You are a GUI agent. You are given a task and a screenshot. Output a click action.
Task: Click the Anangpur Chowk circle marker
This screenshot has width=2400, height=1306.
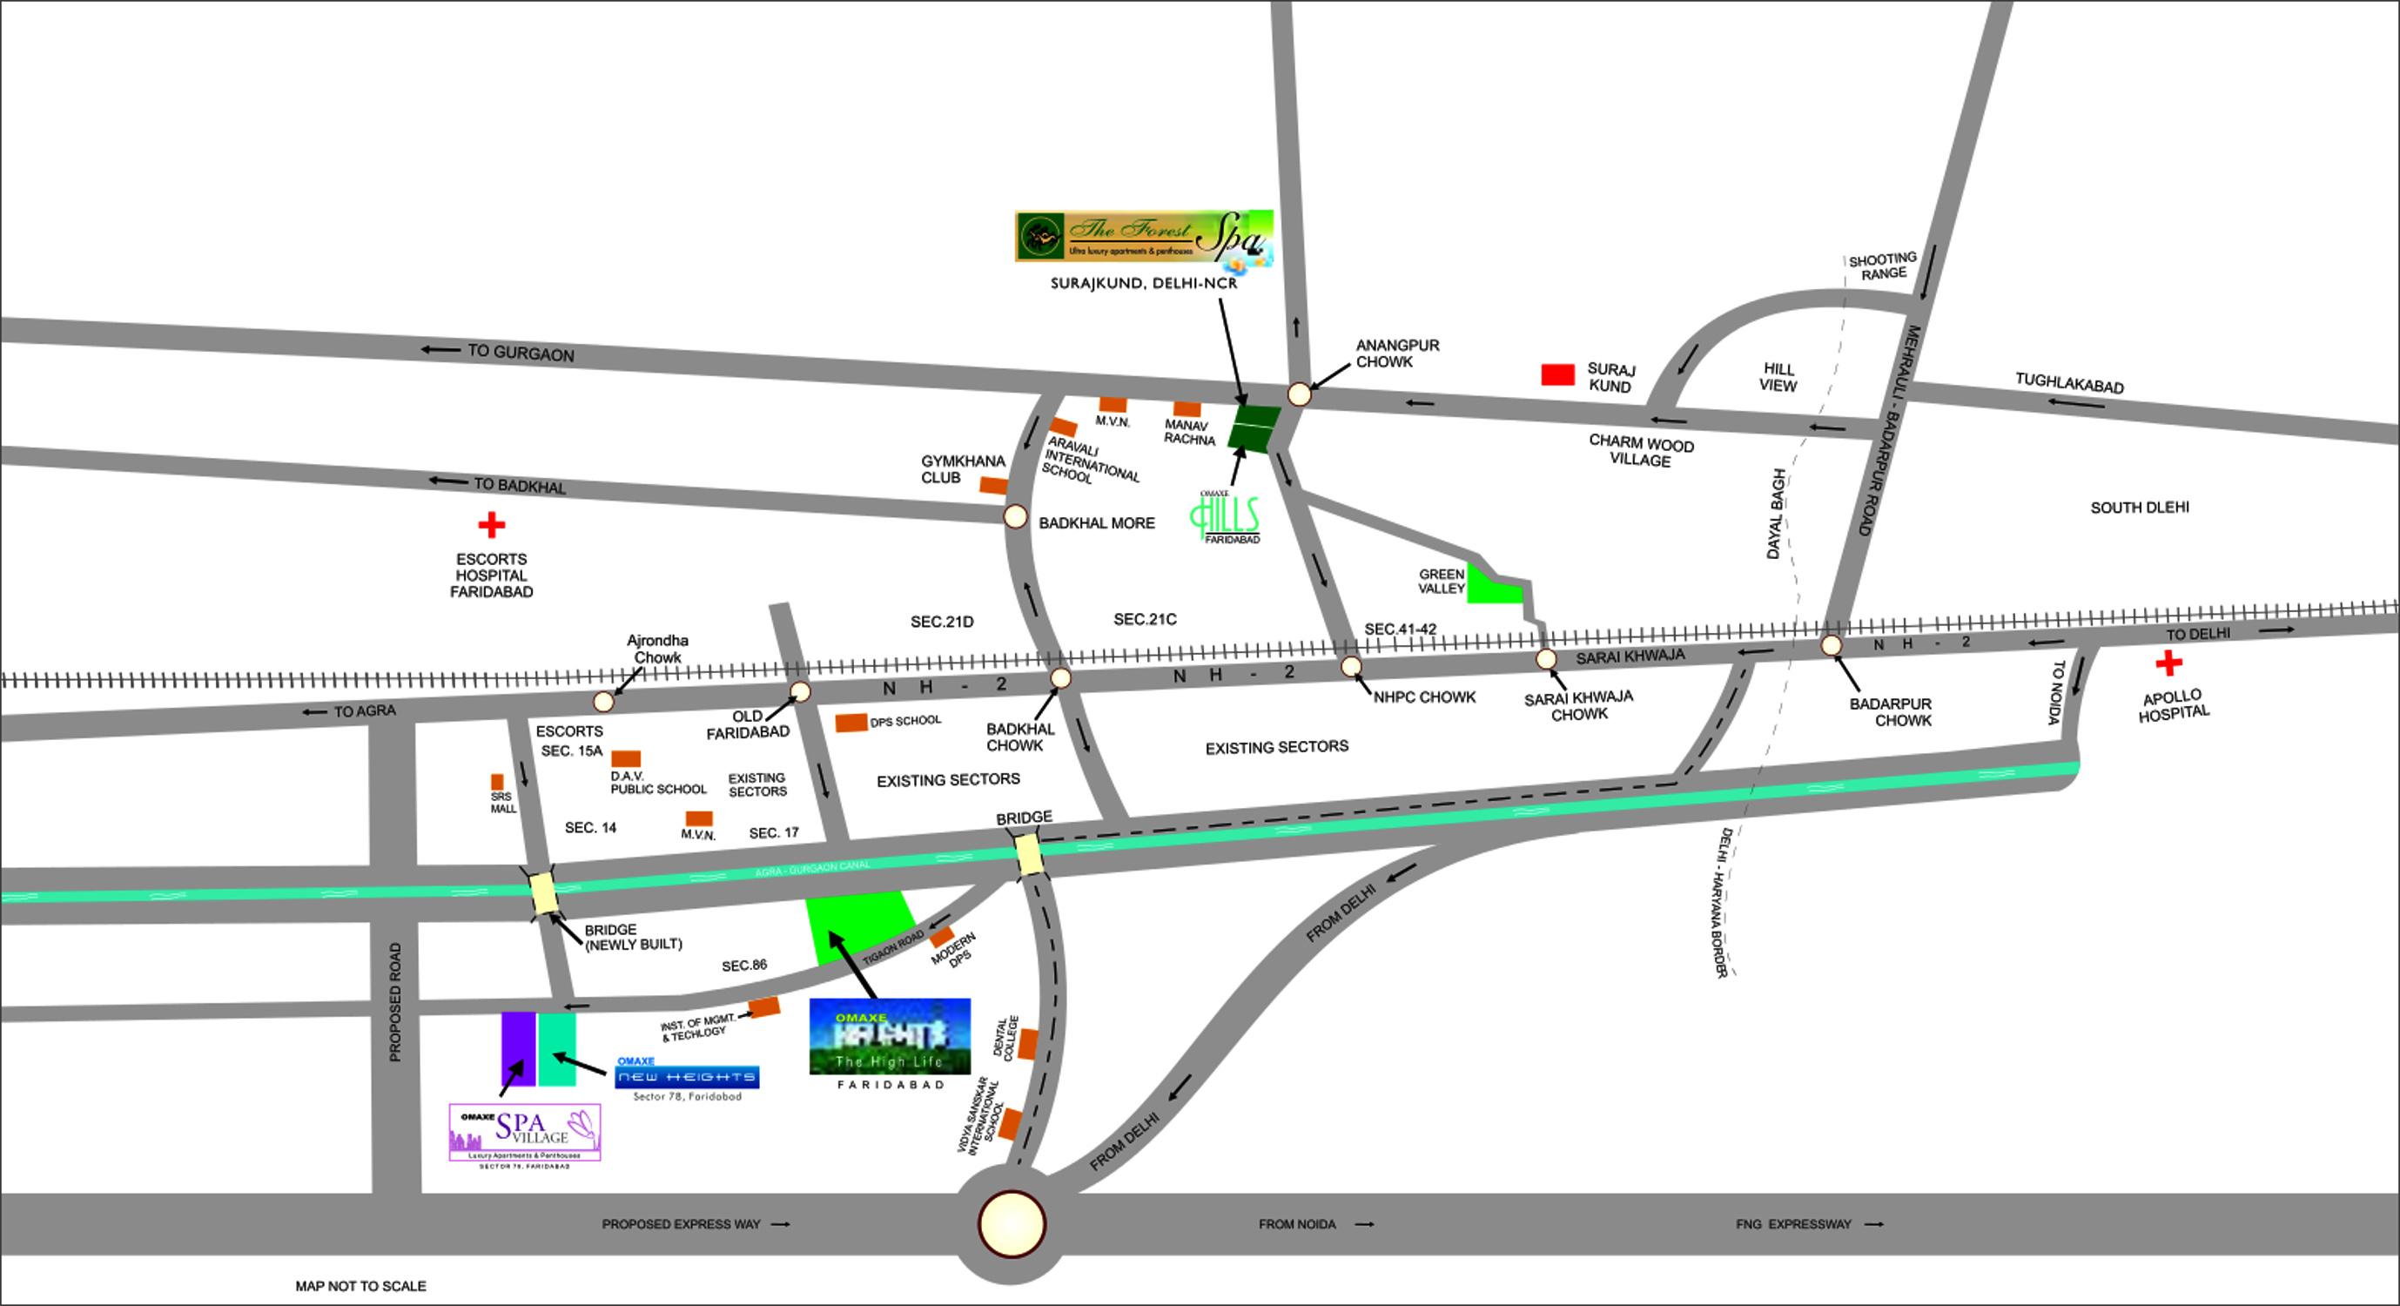coord(1300,394)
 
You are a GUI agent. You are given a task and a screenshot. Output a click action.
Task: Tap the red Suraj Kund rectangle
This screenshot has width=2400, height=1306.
coord(1557,374)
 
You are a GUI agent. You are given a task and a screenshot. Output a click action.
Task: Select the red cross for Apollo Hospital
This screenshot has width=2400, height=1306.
coord(2169,663)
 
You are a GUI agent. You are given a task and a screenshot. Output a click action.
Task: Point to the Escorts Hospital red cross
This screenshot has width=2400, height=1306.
coord(491,525)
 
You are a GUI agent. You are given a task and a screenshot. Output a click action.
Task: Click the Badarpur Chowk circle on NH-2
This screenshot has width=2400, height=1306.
coord(1831,644)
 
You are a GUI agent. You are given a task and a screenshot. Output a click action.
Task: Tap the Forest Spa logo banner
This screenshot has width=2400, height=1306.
coord(1143,235)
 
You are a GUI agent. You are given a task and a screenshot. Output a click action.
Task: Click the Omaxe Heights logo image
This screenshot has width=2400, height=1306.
coord(890,1036)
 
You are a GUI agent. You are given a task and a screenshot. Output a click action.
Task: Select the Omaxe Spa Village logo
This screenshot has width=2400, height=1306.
coord(525,1132)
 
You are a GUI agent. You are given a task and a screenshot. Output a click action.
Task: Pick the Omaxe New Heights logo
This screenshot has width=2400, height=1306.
coord(687,1077)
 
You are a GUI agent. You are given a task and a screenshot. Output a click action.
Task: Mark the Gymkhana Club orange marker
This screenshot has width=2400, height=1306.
coord(993,485)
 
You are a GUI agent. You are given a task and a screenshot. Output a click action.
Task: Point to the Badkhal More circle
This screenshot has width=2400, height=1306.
coord(1016,516)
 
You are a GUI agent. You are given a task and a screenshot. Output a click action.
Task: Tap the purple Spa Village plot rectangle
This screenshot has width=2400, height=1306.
coord(518,1048)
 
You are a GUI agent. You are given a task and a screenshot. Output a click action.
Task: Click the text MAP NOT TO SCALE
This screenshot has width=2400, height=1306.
coord(360,1285)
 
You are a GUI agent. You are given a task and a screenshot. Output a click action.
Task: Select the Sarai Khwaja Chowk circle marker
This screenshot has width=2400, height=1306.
coord(1546,659)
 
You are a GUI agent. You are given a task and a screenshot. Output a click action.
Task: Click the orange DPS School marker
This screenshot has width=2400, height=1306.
coord(850,723)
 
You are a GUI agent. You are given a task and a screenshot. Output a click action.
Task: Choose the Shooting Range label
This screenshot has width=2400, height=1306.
coord(1882,266)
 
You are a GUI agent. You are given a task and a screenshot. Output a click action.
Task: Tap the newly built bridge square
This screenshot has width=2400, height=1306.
coord(543,892)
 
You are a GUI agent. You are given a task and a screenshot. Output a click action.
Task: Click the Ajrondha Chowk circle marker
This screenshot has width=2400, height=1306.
coord(604,701)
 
